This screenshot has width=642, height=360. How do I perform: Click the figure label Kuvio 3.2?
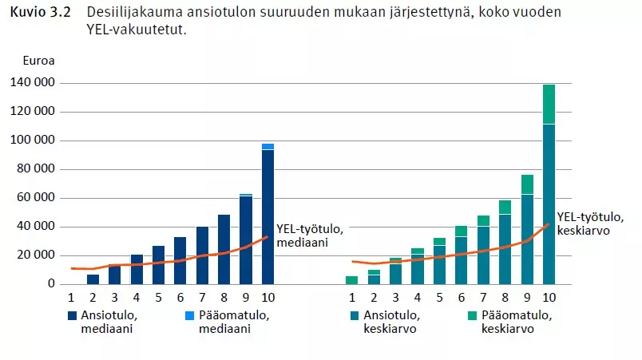pos(37,14)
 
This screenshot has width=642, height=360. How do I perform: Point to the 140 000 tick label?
pos(33,83)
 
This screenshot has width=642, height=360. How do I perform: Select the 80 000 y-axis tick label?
pos(36,169)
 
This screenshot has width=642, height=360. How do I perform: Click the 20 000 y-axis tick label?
pos(36,255)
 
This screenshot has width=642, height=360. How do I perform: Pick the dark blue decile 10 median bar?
pos(267,216)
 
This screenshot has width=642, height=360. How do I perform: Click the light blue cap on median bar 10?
pos(267,146)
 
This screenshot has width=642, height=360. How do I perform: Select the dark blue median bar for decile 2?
pos(93,279)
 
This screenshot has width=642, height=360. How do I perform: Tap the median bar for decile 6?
pos(180,260)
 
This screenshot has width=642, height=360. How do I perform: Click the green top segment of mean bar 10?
pos(549,104)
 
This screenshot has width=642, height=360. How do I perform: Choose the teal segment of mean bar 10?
pos(549,204)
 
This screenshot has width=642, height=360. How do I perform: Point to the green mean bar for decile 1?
pos(352,279)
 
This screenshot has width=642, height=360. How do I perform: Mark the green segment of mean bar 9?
pos(527,184)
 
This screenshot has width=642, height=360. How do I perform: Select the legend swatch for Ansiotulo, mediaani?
pos(73,315)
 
